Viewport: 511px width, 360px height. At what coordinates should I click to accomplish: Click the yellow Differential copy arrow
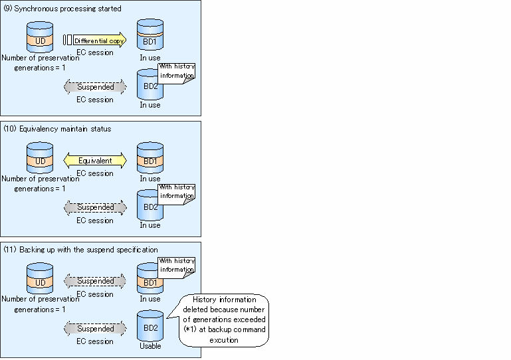(100, 40)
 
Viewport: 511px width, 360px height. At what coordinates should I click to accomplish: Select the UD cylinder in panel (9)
(40, 37)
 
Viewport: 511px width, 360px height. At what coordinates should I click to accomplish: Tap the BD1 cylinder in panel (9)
(150, 35)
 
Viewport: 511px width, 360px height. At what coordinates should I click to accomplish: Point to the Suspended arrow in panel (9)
(95, 87)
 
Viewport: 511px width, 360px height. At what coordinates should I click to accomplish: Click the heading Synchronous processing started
(68, 9)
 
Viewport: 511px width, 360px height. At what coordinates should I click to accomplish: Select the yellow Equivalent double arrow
(95, 161)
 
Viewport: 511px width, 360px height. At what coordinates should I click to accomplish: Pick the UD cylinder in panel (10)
(40, 157)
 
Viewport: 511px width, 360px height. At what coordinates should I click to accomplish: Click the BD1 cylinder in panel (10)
(150, 157)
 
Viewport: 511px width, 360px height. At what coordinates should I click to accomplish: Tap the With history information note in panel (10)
(177, 194)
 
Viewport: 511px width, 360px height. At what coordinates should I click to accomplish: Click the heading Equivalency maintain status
(65, 129)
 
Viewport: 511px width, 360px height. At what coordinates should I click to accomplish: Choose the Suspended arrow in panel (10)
(95, 207)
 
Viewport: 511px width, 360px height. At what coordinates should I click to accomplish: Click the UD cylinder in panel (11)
(40, 278)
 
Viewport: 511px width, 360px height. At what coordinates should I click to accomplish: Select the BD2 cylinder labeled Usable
(150, 325)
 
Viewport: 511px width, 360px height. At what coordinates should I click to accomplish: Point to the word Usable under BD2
(150, 346)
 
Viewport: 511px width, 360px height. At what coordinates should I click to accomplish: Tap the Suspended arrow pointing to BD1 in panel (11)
(95, 281)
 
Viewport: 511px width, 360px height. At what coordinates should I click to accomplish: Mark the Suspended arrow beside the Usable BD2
(95, 328)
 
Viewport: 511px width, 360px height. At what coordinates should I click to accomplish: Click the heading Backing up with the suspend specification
(88, 250)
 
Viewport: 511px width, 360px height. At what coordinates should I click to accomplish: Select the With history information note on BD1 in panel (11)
(177, 268)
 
